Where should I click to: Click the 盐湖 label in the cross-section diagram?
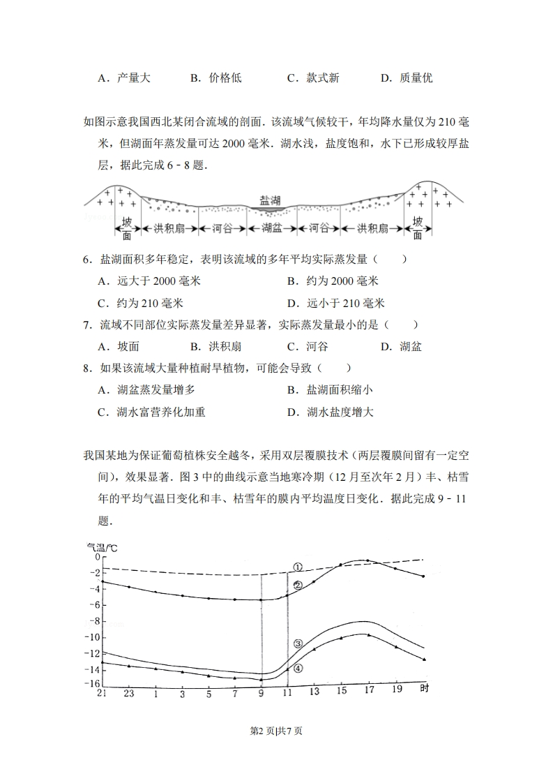tap(269, 200)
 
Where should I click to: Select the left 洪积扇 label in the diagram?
tap(169, 228)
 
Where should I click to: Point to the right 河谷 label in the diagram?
tap(319, 228)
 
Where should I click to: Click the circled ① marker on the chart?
tap(296, 567)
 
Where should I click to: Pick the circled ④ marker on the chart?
tap(298, 668)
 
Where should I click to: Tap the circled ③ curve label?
tap(298, 643)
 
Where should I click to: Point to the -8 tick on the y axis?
tap(92, 621)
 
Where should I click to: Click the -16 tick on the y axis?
tap(91, 684)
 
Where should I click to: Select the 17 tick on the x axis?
tap(368, 691)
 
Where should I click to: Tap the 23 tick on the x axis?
tap(129, 693)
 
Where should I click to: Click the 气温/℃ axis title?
tap(102, 548)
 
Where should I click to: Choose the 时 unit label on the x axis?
tap(424, 689)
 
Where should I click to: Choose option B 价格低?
tap(216, 78)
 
